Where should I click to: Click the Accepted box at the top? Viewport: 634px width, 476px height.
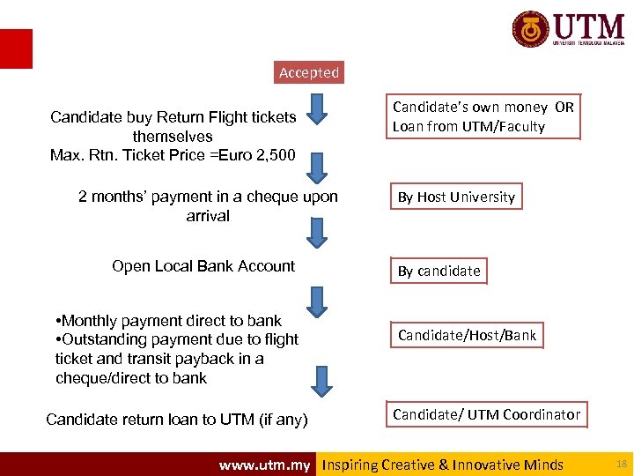[309, 72]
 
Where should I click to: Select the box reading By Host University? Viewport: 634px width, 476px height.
[456, 197]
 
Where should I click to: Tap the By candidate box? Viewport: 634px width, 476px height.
[439, 271]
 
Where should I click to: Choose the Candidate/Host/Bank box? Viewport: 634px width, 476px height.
[467, 335]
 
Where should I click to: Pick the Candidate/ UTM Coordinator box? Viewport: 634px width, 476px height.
[486, 414]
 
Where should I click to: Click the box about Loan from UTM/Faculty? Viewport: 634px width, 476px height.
[483, 116]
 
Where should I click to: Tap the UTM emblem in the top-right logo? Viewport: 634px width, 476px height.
[531, 29]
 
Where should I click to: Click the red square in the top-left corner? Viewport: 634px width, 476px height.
[16, 48]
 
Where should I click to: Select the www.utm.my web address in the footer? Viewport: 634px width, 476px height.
[264, 465]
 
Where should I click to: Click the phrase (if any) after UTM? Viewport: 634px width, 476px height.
[279, 420]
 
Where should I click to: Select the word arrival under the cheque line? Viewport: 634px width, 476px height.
[208, 216]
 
